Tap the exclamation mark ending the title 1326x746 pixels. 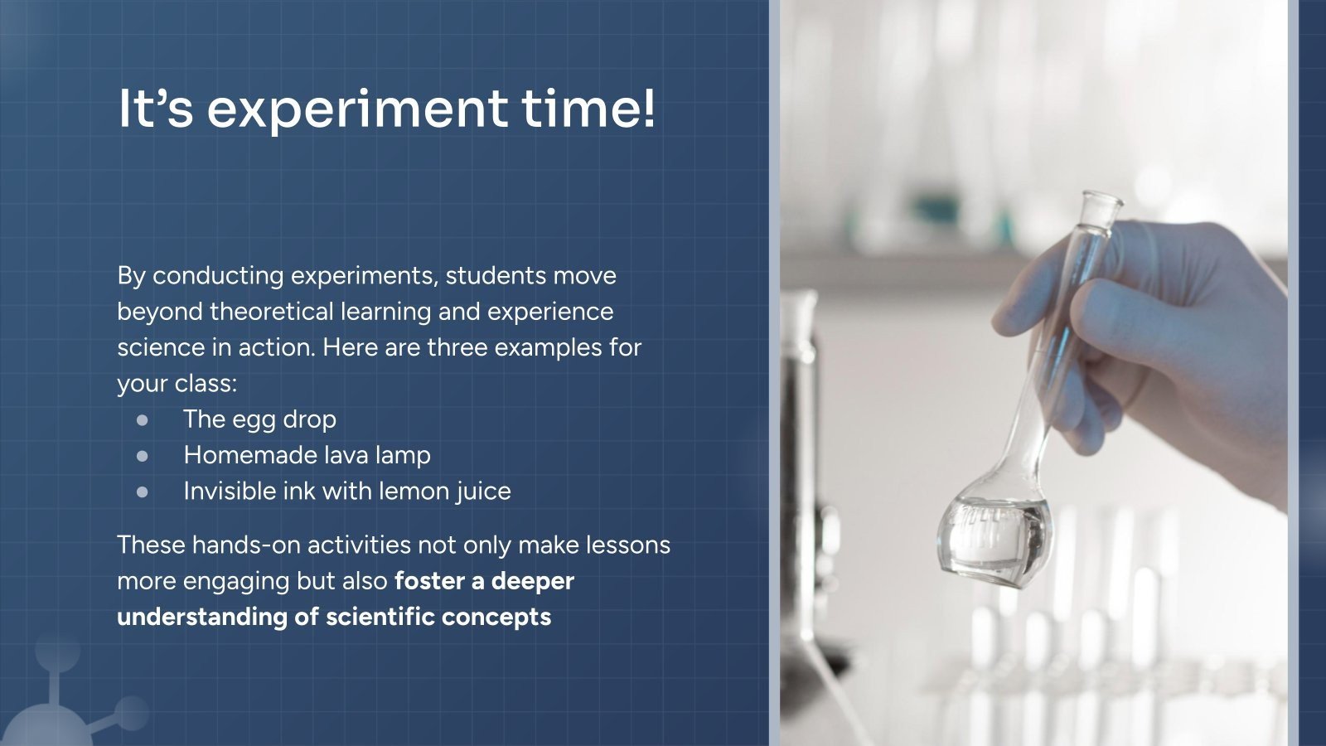647,108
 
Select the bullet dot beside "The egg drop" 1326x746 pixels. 143,420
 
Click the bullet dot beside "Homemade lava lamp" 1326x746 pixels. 143,456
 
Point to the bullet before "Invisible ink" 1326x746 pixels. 143,492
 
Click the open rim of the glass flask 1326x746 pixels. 1101,200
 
